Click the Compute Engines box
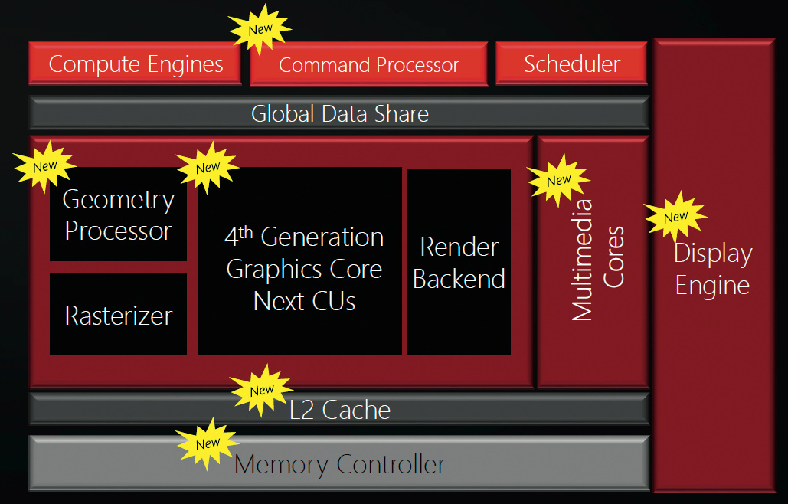click(x=136, y=64)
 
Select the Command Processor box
click(x=368, y=65)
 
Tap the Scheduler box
click(x=571, y=64)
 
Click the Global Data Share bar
click(x=339, y=113)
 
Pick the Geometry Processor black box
click(x=118, y=214)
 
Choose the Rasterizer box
click(x=118, y=315)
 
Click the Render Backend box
click(x=459, y=262)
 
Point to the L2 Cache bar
click(x=339, y=410)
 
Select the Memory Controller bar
click(x=339, y=463)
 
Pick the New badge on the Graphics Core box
click(x=208, y=167)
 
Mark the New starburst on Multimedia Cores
click(x=559, y=180)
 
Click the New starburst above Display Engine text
click(x=675, y=217)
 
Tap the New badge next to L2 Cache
click(x=262, y=390)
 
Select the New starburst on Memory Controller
click(x=208, y=443)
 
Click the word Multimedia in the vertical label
click(x=583, y=260)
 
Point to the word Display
click(x=712, y=254)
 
